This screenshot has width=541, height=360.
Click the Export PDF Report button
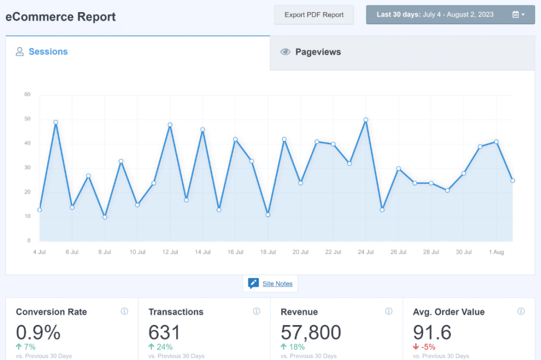314,15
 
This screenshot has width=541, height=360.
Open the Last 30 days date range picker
451,15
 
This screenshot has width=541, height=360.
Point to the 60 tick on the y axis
27,95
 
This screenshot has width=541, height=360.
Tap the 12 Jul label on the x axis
170,252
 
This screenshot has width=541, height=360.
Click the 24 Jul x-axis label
366,252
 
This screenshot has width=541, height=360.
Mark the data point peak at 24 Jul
366,119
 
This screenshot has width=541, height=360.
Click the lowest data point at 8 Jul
105,217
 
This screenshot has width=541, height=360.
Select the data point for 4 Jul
40,210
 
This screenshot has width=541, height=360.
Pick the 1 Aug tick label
496,252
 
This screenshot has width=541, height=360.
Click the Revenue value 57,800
311,332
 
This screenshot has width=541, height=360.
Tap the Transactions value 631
164,332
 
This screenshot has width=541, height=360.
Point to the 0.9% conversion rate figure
38,332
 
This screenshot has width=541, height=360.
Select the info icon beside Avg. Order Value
521,311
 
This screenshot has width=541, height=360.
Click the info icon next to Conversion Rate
124,311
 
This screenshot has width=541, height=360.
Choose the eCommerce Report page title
61,16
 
